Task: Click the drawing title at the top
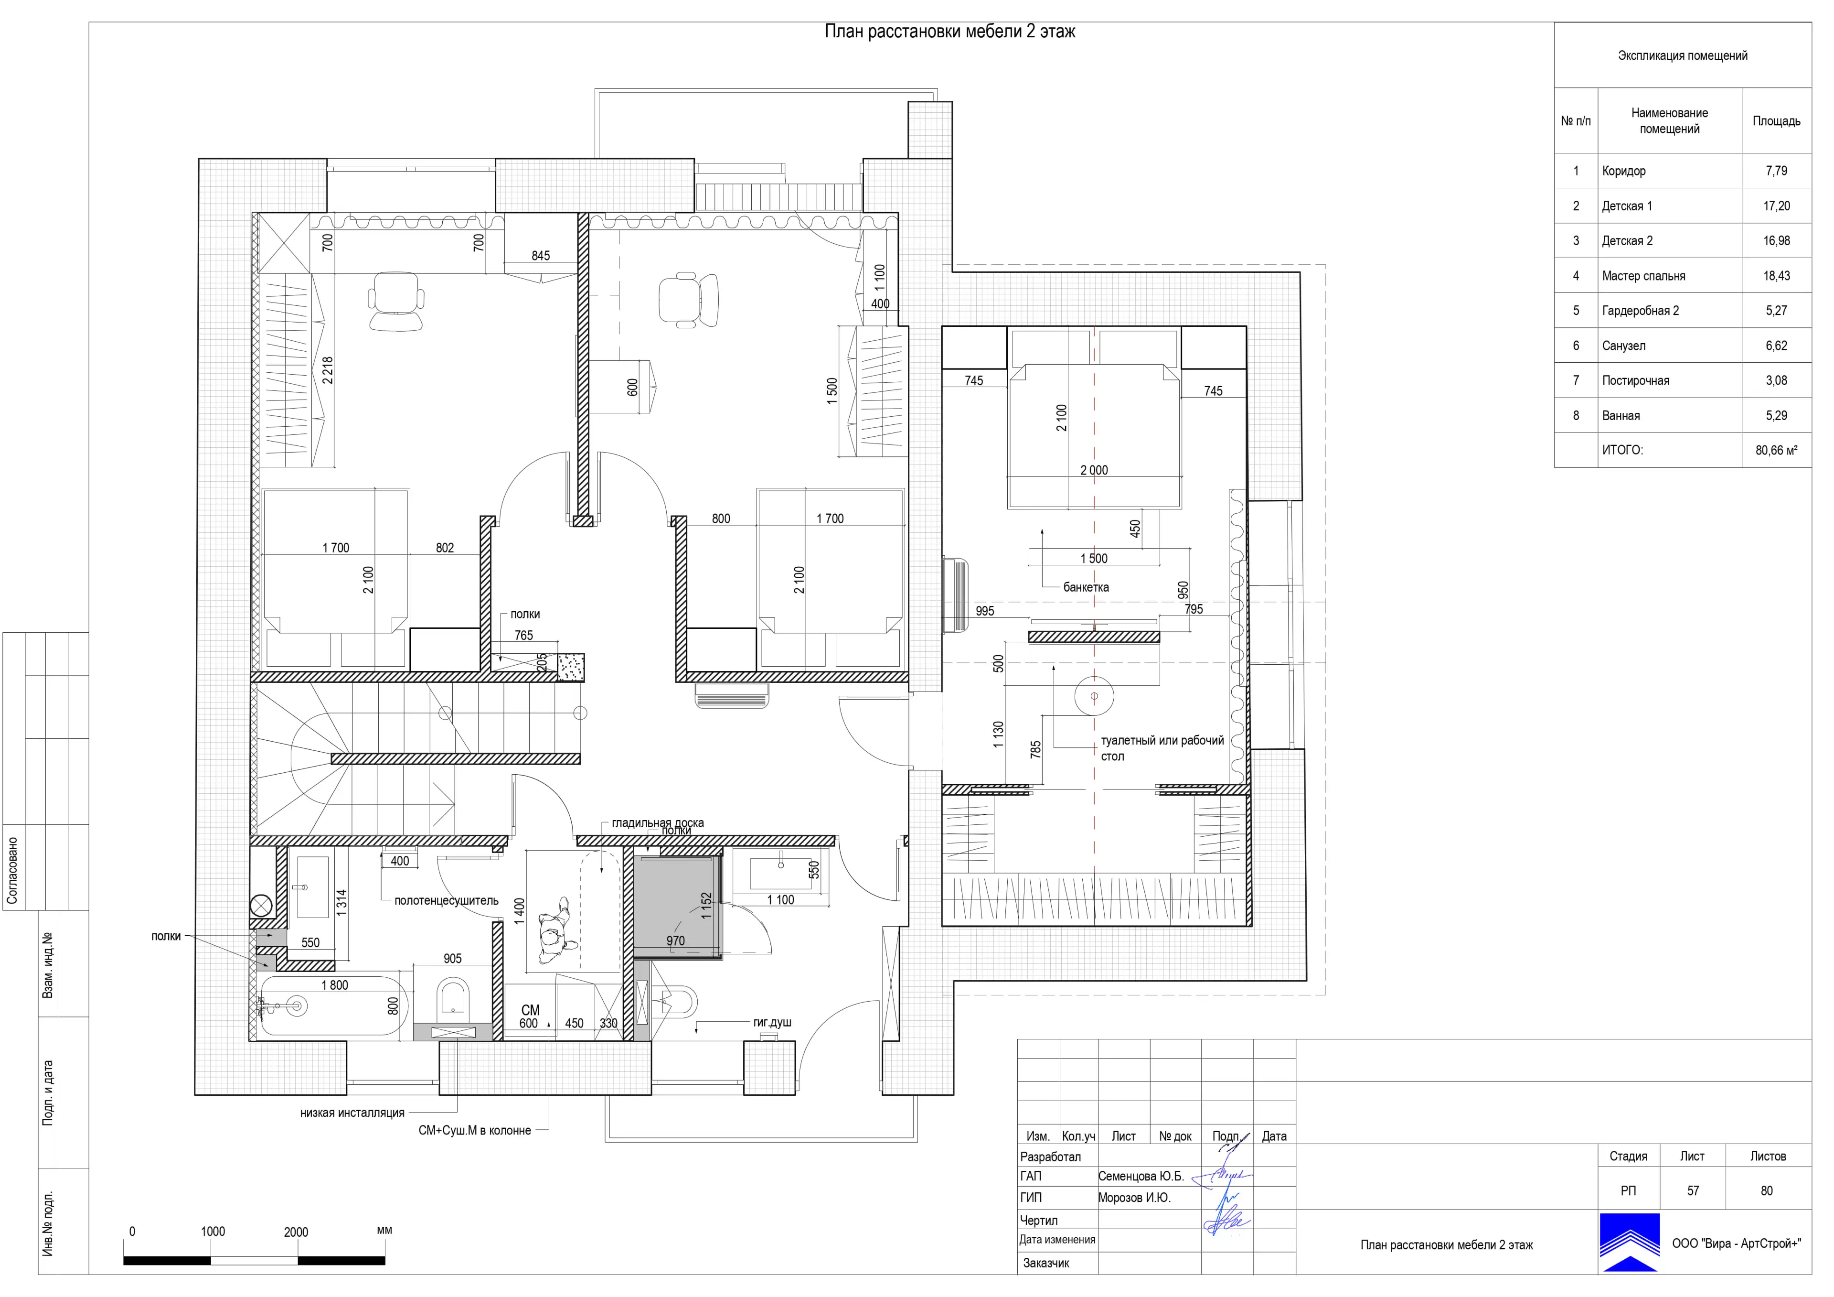[x=950, y=32]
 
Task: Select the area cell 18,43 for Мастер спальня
[x=1777, y=276]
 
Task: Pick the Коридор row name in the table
[x=1624, y=171]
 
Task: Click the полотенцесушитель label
[x=447, y=901]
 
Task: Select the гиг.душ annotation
[x=772, y=1022]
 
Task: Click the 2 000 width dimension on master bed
[x=1094, y=471]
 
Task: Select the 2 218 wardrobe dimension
[x=328, y=371]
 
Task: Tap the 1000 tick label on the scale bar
[x=213, y=1232]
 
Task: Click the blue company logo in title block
[x=1630, y=1243]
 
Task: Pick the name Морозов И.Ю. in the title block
[x=1134, y=1198]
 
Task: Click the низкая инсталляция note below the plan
[x=352, y=1113]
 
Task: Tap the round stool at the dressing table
[x=1094, y=696]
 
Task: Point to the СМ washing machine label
[x=531, y=1010]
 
